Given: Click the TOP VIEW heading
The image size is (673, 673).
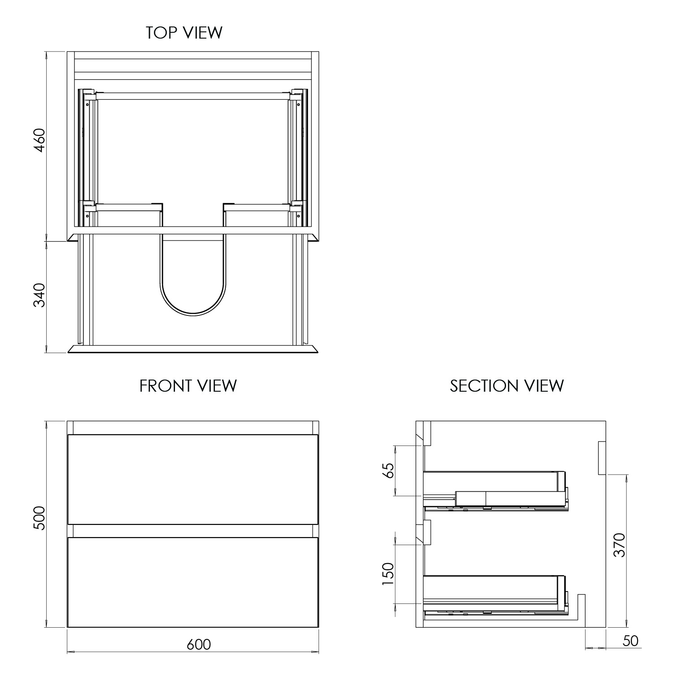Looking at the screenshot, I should tap(184, 33).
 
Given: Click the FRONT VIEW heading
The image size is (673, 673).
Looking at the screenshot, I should tap(188, 386).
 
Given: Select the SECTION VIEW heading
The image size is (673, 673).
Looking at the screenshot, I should tap(507, 386).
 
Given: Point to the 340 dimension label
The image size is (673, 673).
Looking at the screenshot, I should tap(39, 295).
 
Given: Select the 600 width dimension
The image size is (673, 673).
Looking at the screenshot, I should tap(199, 644).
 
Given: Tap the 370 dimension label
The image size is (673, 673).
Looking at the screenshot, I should tap(619, 545).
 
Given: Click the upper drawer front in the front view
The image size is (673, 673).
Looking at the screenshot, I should tap(192, 479).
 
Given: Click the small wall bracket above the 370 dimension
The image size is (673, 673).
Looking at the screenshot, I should tap(602, 458).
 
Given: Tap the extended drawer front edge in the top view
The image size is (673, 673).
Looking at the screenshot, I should tap(193, 349).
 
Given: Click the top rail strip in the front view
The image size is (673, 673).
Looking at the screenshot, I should tap(192, 428).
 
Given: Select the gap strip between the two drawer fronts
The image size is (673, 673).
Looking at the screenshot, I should tap(192, 530).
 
